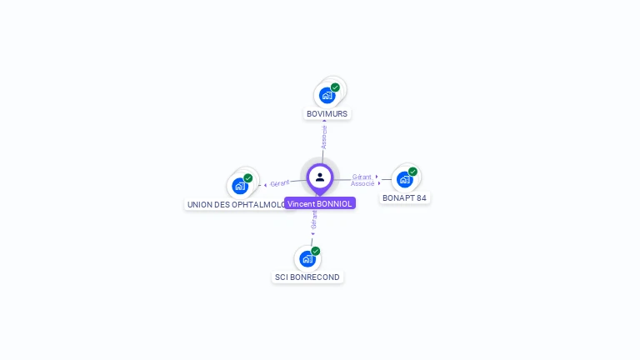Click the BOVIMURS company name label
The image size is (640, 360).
click(x=327, y=113)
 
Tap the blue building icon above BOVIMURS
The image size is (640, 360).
click(x=326, y=95)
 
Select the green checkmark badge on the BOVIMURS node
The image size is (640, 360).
click(x=335, y=87)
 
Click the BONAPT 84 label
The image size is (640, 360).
click(x=404, y=198)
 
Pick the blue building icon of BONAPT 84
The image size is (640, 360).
click(x=403, y=179)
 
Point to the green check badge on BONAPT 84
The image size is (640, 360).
click(x=412, y=172)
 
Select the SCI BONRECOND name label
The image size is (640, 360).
click(x=307, y=277)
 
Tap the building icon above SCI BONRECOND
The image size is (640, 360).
click(x=307, y=259)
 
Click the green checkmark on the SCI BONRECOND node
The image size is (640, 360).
click(x=316, y=251)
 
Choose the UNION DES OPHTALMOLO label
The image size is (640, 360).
click(x=235, y=204)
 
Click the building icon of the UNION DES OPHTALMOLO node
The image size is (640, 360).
click(x=239, y=186)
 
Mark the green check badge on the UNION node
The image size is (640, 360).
click(x=248, y=178)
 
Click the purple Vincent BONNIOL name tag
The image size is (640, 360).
click(x=320, y=203)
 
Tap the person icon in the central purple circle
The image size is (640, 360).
click(x=320, y=177)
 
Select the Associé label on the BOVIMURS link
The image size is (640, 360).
click(x=324, y=137)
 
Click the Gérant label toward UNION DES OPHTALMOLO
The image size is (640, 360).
click(x=280, y=183)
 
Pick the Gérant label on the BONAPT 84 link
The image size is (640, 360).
click(x=362, y=177)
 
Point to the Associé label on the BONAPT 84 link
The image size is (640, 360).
click(x=362, y=183)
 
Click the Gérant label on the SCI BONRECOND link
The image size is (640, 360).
click(x=314, y=219)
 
